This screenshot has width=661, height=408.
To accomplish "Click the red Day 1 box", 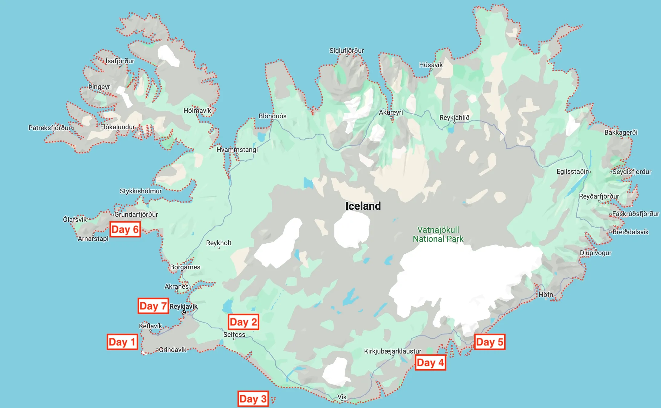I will pyautogui.click(x=122, y=342).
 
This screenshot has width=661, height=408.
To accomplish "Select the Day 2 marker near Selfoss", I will pyautogui.click(x=243, y=322).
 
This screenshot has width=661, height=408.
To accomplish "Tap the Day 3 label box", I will pyautogui.click(x=253, y=399).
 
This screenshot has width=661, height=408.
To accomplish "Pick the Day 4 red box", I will pyautogui.click(x=430, y=363).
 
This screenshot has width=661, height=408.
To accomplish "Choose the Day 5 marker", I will pyautogui.click(x=489, y=342).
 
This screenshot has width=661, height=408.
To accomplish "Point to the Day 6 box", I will pyautogui.click(x=125, y=229).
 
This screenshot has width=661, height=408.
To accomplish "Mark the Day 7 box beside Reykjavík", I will pyautogui.click(x=153, y=306).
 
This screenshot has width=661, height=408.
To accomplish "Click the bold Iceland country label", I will pyautogui.click(x=363, y=206).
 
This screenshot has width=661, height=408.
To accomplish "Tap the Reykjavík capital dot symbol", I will pyautogui.click(x=184, y=312).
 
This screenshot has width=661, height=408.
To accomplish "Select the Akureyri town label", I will pyautogui.click(x=391, y=113).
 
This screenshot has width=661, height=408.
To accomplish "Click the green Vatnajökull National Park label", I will pyautogui.click(x=438, y=234).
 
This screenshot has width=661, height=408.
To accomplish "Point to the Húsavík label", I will pyautogui.click(x=431, y=65).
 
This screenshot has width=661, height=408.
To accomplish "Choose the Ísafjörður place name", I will pyautogui.click(x=120, y=61).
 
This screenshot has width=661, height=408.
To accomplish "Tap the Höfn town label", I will pyautogui.click(x=546, y=294).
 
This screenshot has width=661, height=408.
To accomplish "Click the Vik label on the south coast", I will pyautogui.click(x=342, y=397).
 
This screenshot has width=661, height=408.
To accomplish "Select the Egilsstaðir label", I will pyautogui.click(x=572, y=172).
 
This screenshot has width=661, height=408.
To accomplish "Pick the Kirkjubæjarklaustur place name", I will pyautogui.click(x=393, y=351).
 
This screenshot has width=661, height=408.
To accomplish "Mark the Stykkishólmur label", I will pyautogui.click(x=140, y=191).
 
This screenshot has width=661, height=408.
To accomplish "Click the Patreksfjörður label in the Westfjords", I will pyautogui.click(x=49, y=128).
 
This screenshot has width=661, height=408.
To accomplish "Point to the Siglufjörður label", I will pyautogui.click(x=347, y=51).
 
